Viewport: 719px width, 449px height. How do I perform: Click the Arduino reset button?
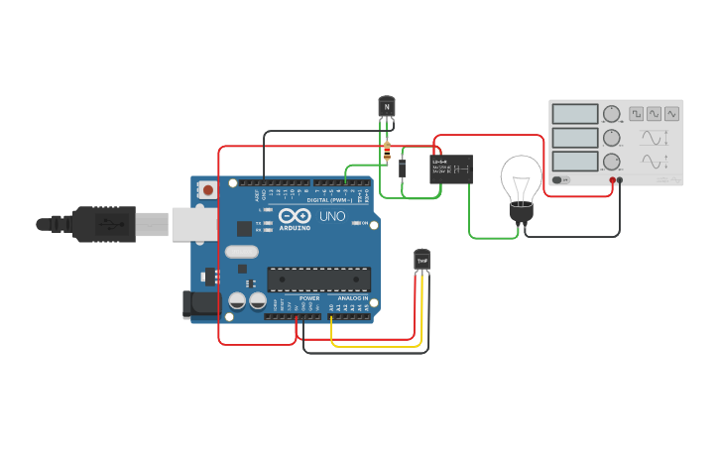coord(207,189)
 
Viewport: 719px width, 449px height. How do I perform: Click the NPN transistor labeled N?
coord(387,106)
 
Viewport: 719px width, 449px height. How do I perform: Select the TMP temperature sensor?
coord(422,260)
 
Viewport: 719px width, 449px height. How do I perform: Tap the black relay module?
coord(451,168)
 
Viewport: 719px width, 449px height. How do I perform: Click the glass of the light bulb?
coord(521,177)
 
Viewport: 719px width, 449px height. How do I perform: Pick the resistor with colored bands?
coord(387,152)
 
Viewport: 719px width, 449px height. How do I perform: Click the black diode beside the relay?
coord(403,168)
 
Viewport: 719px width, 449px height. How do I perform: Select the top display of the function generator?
coord(575,114)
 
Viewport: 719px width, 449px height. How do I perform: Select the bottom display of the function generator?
coord(575,161)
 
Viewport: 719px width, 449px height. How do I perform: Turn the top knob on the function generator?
coord(611,114)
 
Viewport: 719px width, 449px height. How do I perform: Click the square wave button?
coord(636,114)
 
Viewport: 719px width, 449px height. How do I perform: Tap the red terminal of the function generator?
coord(613,180)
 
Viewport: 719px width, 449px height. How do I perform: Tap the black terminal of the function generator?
coord(621,180)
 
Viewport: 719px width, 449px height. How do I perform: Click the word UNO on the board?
coord(332,216)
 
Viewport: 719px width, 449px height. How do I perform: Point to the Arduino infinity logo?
coord(294,215)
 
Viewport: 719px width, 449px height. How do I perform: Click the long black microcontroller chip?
coord(318,280)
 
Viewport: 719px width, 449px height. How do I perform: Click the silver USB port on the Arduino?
coord(193,224)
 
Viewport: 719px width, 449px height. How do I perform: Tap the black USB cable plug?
coord(104,224)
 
